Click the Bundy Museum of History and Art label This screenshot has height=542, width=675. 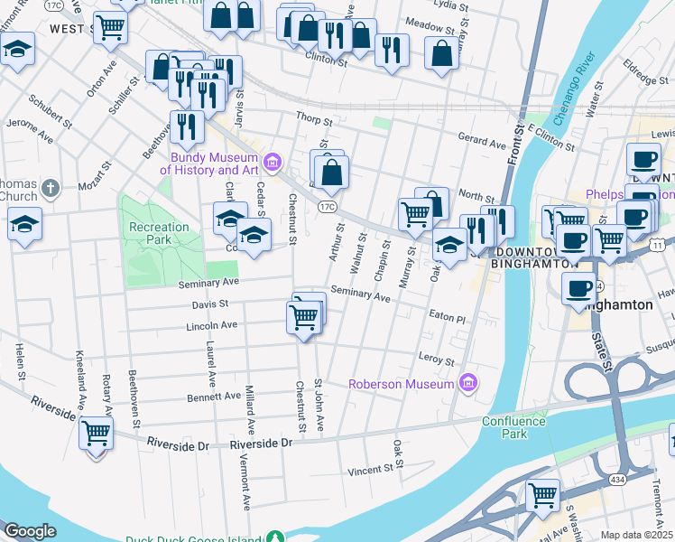click(209, 164)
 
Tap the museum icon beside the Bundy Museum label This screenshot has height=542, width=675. click(273, 164)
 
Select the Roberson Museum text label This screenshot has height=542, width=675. click(402, 385)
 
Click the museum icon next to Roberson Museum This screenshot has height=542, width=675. click(467, 384)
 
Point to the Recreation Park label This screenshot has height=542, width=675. click(159, 234)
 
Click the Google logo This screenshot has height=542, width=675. click(29, 531)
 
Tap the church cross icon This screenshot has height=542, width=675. click(51, 189)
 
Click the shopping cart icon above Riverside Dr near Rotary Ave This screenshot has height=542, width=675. click(96, 433)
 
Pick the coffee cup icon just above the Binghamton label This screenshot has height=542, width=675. click(579, 289)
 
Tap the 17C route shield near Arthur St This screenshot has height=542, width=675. click(328, 207)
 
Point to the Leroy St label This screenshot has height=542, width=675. click(437, 360)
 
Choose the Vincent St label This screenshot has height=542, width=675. click(371, 470)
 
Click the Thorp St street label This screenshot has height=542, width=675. click(314, 117)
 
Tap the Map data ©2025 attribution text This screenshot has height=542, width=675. click(637, 535)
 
